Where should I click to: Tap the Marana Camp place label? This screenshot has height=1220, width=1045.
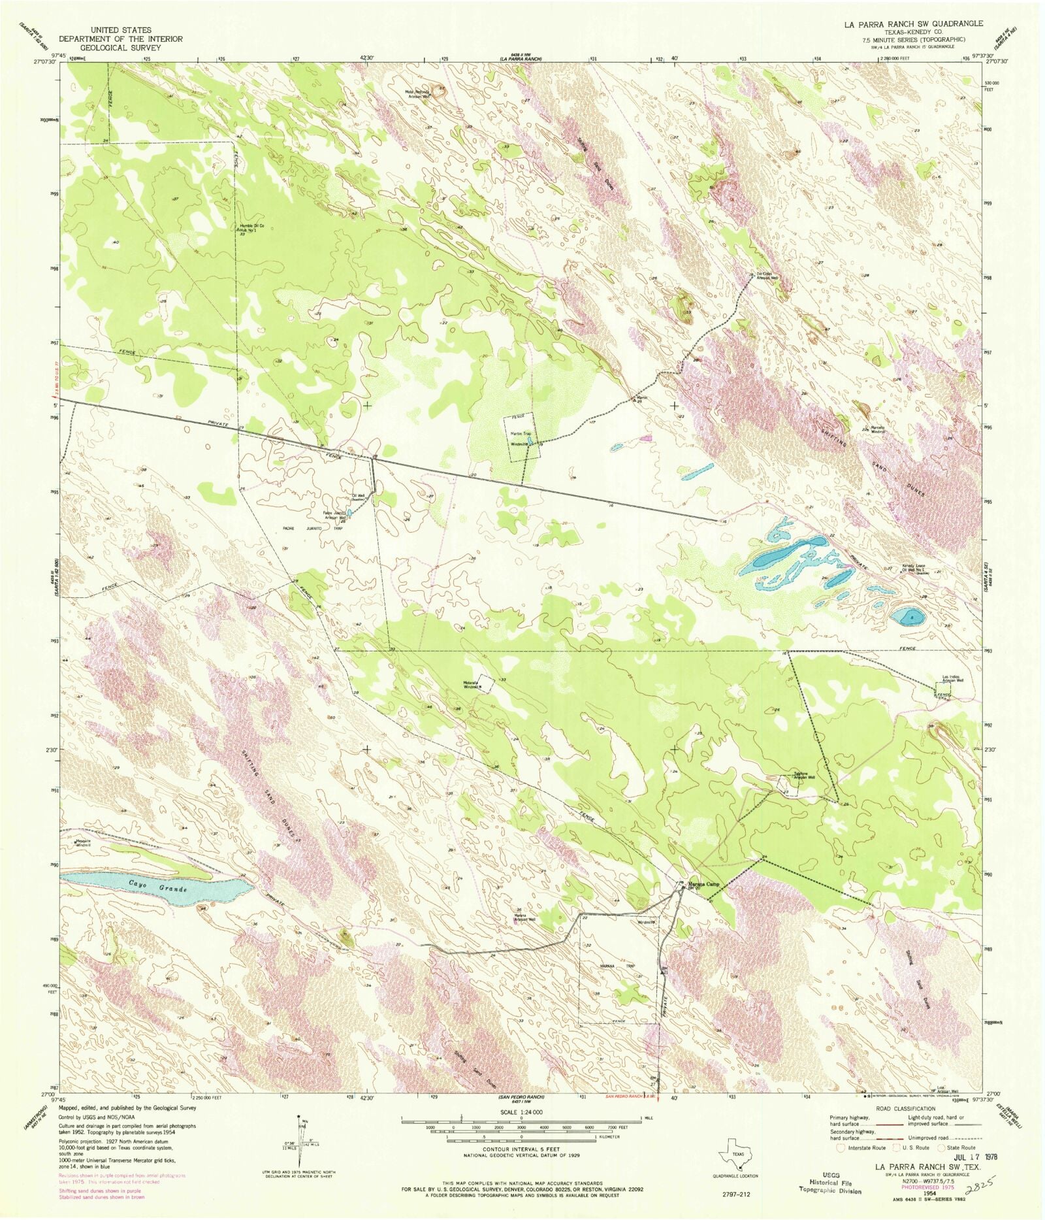(x=703, y=885)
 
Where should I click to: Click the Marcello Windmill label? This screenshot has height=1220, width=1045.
(x=876, y=429)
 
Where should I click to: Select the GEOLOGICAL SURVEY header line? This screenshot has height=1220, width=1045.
(x=121, y=48)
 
